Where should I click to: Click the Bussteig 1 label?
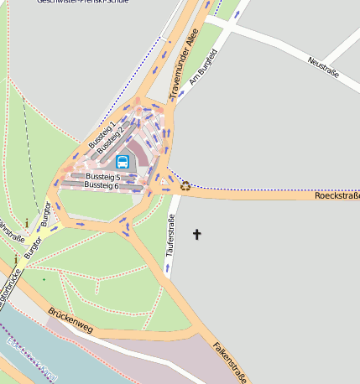click(102, 134)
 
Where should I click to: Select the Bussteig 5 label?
click(103, 177)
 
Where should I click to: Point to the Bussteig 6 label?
click(103, 185)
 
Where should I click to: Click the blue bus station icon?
click(123, 162)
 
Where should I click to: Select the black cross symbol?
click(197, 235)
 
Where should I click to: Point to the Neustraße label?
click(323, 68)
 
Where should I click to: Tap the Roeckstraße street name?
click(337, 196)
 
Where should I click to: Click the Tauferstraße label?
click(170, 236)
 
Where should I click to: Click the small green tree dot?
click(44, 279)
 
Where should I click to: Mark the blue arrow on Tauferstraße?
click(166, 268)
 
